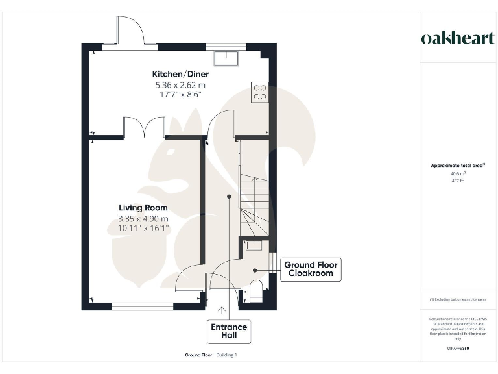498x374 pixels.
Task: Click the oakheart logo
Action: click(x=458, y=38)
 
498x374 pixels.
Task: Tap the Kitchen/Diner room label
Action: click(x=180, y=74)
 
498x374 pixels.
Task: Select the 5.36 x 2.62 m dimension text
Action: click(x=180, y=84)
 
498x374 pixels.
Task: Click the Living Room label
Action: click(x=143, y=208)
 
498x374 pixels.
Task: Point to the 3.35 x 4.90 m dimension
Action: click(x=143, y=218)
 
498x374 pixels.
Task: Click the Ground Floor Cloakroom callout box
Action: click(x=311, y=269)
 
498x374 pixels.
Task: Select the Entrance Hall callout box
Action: click(x=229, y=331)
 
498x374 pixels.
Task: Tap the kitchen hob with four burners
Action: click(x=259, y=92)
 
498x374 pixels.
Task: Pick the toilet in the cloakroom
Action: click(x=255, y=291)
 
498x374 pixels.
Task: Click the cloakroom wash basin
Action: click(x=254, y=245)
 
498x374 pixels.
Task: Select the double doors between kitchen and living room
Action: click(x=144, y=127)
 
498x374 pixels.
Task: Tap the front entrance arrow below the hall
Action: click(x=222, y=312)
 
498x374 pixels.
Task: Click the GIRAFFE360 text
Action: click(x=458, y=349)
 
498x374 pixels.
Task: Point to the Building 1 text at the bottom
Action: click(x=227, y=355)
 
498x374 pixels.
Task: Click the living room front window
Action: click(x=142, y=306)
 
